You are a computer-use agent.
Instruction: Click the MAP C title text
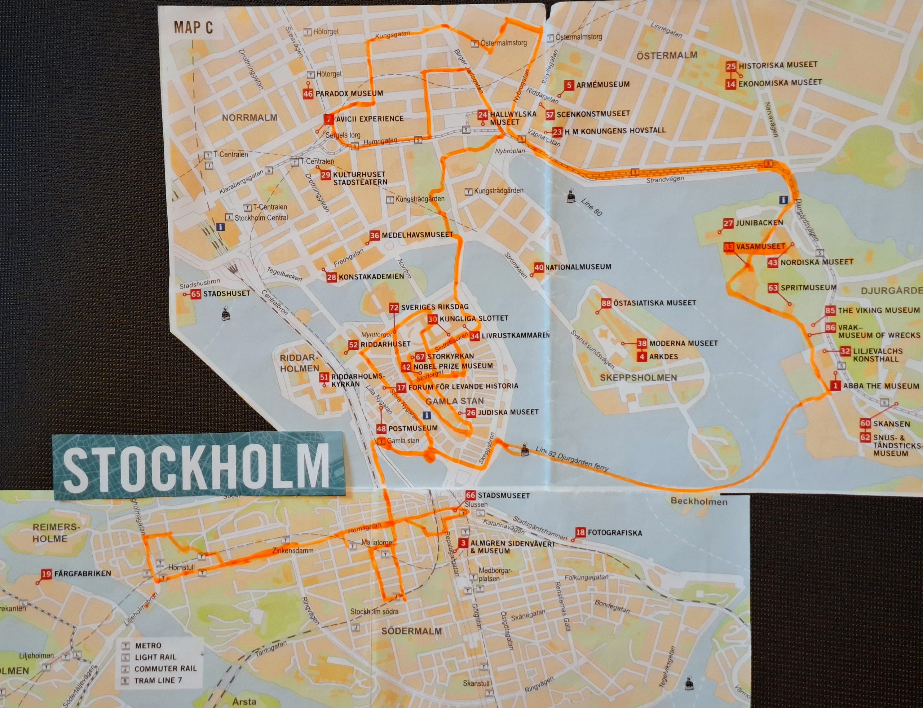click(193, 28)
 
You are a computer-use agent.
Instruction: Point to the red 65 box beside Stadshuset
click(195, 294)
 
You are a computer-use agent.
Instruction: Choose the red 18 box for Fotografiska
click(580, 532)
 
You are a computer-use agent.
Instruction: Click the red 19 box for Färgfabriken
click(47, 573)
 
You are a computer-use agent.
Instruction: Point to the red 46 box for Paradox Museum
click(308, 93)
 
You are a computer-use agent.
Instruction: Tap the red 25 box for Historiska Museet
click(731, 66)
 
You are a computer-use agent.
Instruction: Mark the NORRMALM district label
click(249, 118)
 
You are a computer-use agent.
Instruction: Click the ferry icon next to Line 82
click(525, 449)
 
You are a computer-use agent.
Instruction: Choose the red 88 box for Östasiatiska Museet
click(606, 303)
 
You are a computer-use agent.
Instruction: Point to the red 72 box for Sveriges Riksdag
click(394, 308)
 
